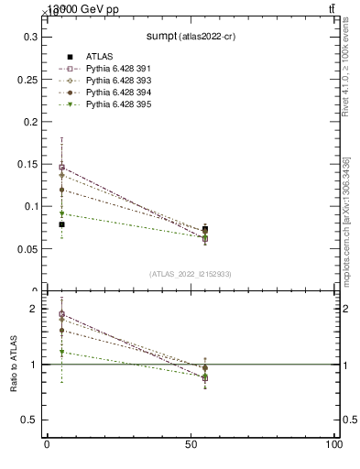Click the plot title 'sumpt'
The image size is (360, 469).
point(165,36)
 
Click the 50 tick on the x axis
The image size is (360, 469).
point(190,445)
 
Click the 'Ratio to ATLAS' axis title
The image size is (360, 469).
point(14,365)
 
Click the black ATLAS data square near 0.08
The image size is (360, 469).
point(61,224)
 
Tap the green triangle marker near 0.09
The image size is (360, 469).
point(61,214)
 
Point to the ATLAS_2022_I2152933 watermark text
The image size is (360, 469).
point(190,274)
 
